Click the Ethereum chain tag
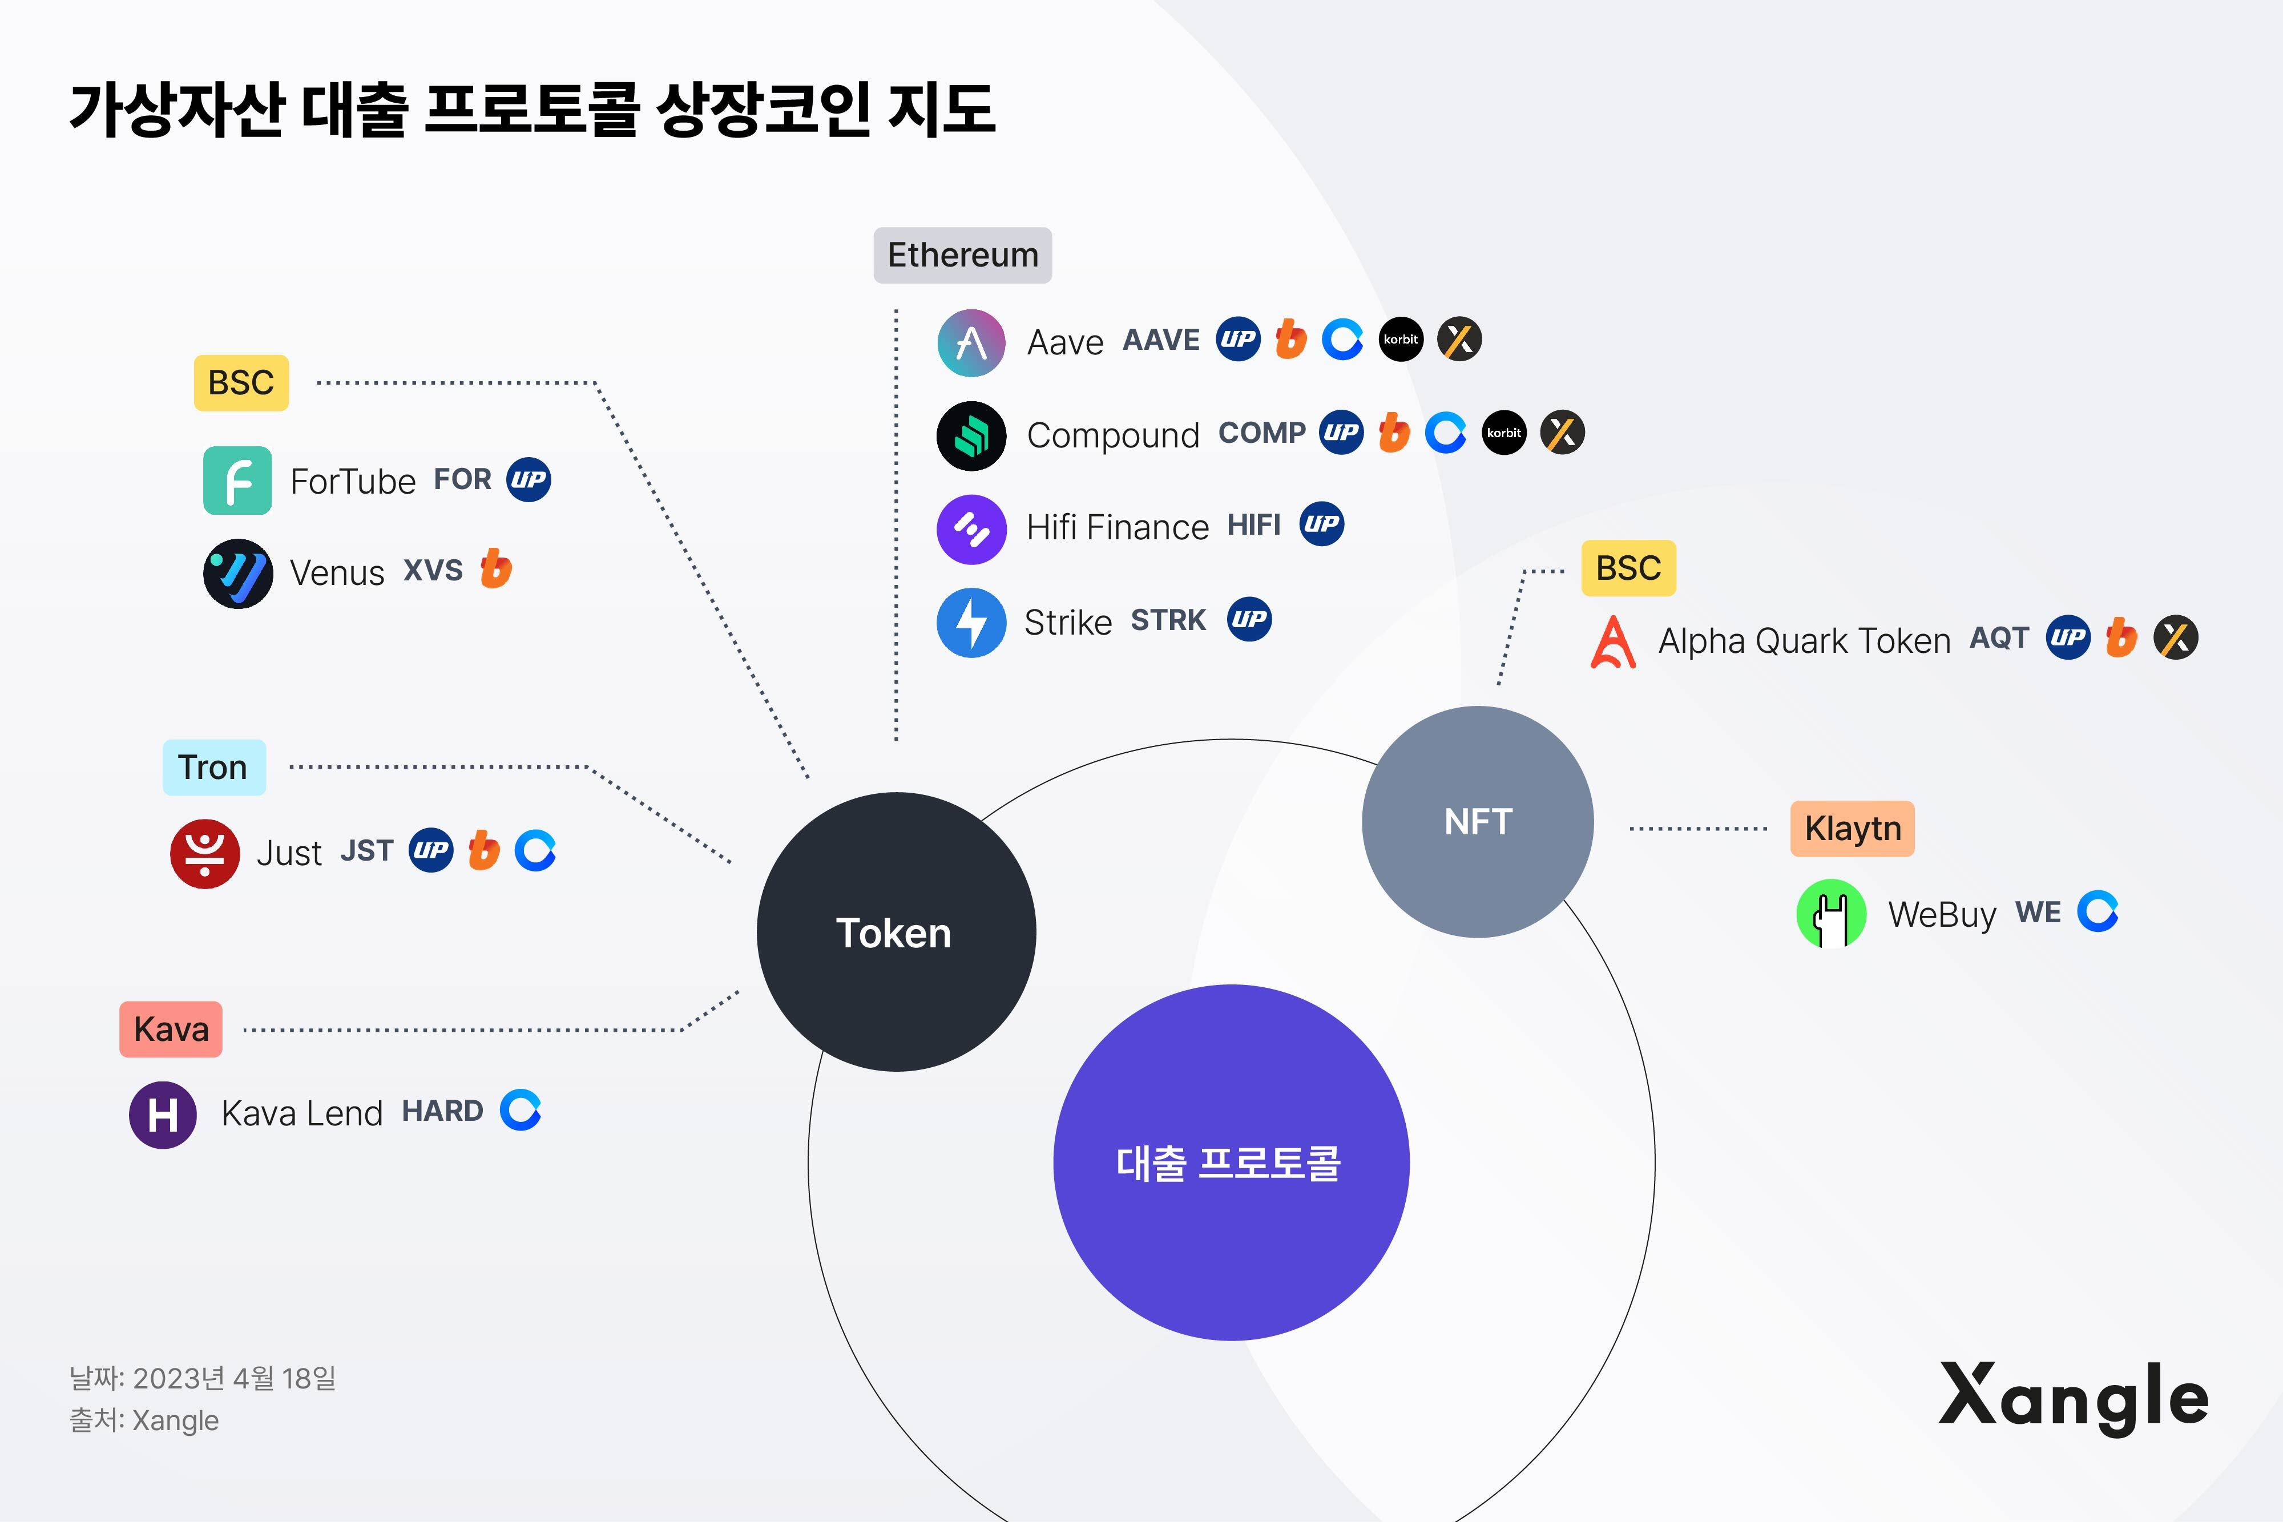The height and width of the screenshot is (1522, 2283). click(x=962, y=255)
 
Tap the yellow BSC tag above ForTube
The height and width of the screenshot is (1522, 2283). click(x=241, y=382)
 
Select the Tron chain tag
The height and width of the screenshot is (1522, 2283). click(x=213, y=768)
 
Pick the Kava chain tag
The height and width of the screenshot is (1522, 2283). click(x=171, y=1029)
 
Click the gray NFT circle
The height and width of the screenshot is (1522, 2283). click(x=1477, y=821)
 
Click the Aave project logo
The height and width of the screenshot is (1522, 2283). click(x=971, y=342)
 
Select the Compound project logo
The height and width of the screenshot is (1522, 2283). click(x=971, y=436)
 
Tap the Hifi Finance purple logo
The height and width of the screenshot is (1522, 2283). click(x=971, y=529)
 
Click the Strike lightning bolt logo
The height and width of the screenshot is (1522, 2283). click(x=971, y=622)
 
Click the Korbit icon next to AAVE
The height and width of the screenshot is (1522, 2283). click(x=1401, y=340)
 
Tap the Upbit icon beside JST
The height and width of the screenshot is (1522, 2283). click(x=431, y=850)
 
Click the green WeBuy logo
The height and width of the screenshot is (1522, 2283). click(x=1830, y=914)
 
